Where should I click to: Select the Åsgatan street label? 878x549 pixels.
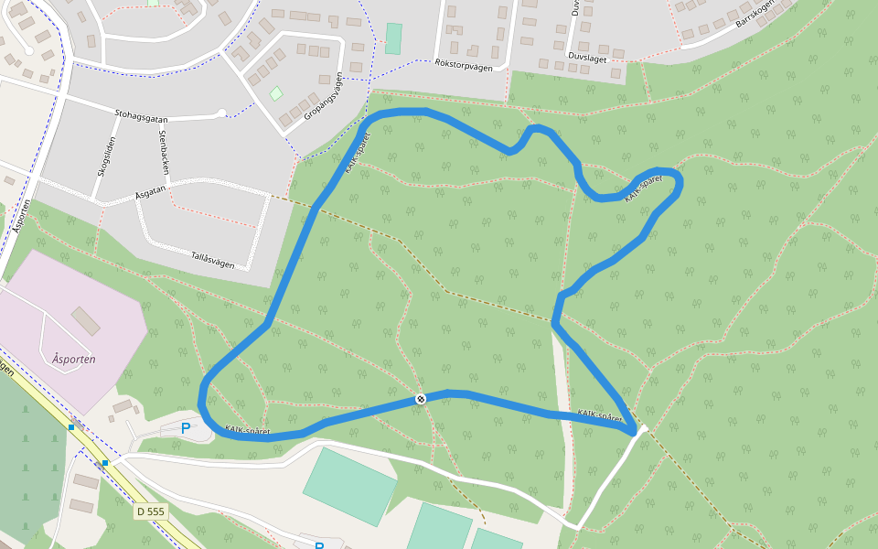click(150, 194)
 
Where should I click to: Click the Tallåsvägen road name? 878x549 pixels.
click(212, 261)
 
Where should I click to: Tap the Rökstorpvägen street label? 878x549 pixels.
click(464, 65)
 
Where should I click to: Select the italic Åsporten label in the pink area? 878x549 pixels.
click(74, 360)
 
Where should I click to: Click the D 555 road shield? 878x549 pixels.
click(150, 511)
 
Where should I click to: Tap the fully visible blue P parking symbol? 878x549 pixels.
click(186, 427)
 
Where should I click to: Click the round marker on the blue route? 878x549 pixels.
click(420, 399)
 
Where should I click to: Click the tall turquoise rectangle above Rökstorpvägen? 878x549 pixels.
click(393, 38)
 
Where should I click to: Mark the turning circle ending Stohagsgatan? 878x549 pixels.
click(220, 113)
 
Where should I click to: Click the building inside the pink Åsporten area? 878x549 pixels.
click(86, 321)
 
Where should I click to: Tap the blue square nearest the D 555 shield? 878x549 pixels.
click(105, 463)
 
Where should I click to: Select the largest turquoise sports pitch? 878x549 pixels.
click(350, 486)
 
